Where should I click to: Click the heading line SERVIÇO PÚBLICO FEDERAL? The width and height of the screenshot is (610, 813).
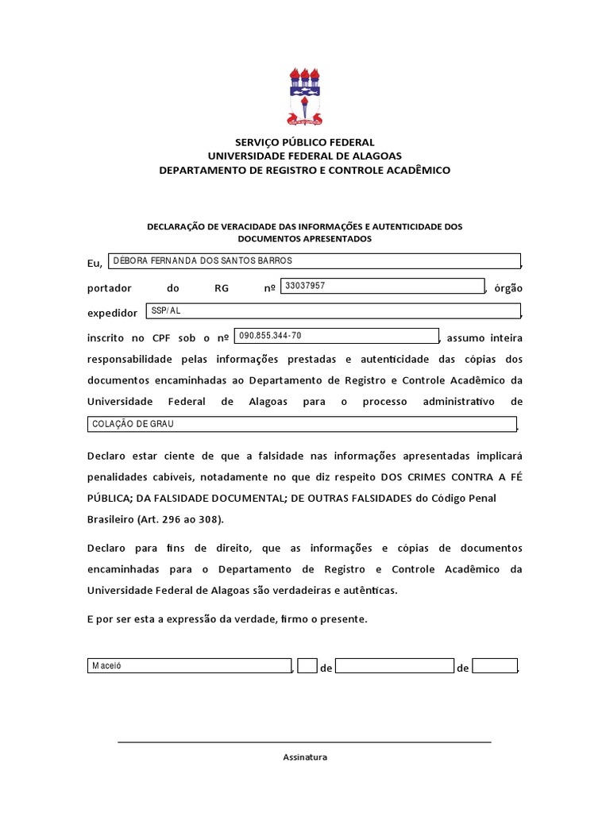point(304,142)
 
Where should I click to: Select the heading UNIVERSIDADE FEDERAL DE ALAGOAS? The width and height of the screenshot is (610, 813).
point(304,156)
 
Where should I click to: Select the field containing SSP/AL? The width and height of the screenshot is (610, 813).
point(333,311)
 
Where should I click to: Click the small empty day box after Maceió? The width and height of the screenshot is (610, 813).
point(308,667)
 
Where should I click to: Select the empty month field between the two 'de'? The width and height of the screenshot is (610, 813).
point(395,667)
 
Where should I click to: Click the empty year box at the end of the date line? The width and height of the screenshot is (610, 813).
point(495,667)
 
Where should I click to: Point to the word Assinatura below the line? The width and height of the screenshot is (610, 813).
point(305,757)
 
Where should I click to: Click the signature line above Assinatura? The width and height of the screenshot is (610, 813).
point(304,742)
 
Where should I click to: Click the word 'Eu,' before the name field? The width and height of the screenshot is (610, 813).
point(95,264)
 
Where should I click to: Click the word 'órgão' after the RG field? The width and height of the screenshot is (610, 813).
point(508,288)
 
